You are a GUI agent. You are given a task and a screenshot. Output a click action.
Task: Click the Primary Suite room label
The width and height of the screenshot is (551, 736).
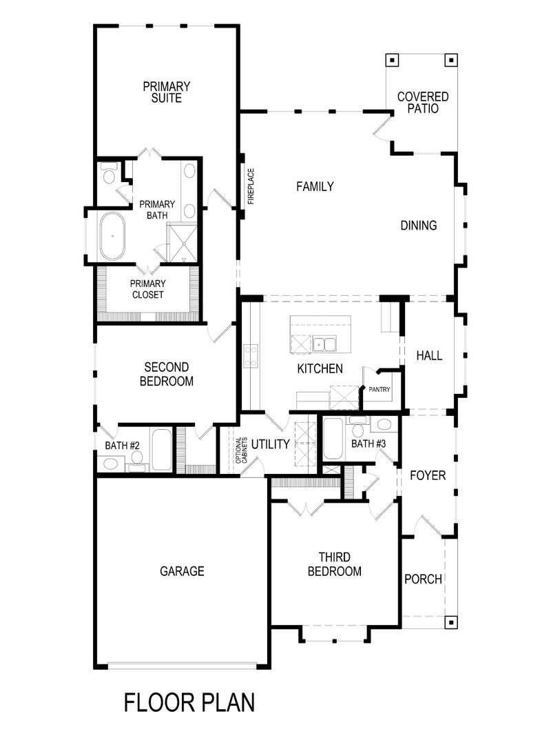pos(167,92)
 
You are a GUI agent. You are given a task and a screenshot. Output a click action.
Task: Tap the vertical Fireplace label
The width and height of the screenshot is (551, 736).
pos(251,187)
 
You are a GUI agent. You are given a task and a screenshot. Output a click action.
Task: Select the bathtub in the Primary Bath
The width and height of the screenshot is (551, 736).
pos(112,236)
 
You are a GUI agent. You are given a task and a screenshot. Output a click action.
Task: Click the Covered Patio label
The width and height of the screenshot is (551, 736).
pos(422,103)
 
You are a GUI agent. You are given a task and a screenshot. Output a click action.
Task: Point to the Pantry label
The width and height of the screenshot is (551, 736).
pos(379,390)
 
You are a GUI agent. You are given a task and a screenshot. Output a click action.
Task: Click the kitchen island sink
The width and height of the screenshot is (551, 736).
pos(321,344)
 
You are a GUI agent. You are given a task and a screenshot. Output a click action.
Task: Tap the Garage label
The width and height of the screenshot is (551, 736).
pos(182,571)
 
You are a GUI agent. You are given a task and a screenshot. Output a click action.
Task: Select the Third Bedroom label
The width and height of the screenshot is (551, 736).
pos(334,564)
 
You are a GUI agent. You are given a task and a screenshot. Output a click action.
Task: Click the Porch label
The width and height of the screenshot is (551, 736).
pos(423,579)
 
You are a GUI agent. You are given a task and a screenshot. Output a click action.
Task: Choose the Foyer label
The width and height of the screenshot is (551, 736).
pos(428,476)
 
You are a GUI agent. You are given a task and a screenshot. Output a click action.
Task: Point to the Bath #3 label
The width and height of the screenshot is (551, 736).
pos(368,444)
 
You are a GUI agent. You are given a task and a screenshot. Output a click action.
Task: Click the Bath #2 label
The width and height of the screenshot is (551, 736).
pos(122,446)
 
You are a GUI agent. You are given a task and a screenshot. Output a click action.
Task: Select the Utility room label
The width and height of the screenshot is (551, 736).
pos(270,444)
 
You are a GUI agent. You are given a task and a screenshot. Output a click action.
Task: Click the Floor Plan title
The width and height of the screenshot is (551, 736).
pos(189,702)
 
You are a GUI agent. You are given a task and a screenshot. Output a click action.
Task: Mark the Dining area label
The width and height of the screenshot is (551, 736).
pos(419,226)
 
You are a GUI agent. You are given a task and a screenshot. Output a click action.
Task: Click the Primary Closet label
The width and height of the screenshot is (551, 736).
pos(148,289)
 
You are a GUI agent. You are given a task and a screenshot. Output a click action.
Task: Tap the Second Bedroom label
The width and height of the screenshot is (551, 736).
pos(167,375)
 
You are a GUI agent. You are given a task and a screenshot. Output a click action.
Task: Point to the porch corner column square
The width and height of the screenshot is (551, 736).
pos(450,621)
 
